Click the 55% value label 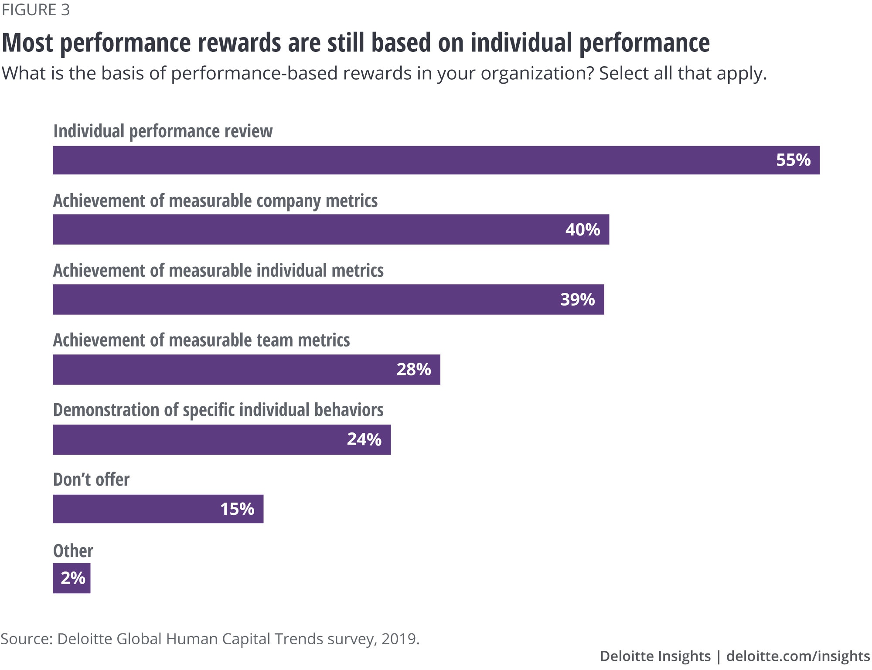tap(793, 160)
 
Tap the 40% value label tap(582, 230)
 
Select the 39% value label tap(577, 299)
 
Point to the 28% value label tap(413, 370)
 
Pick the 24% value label tap(364, 439)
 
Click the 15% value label tap(237, 509)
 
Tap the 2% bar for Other tap(72, 578)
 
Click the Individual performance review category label tap(163, 131)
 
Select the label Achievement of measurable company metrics tap(215, 201)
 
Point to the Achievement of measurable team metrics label tap(201, 340)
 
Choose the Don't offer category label tap(91, 480)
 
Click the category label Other tap(73, 551)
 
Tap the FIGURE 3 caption tap(36, 10)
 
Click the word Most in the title tap(28, 43)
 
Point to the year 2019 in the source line tap(399, 639)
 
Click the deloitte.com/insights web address tap(798, 656)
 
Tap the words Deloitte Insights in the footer tap(655, 656)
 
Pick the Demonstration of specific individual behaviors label tap(218, 410)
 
